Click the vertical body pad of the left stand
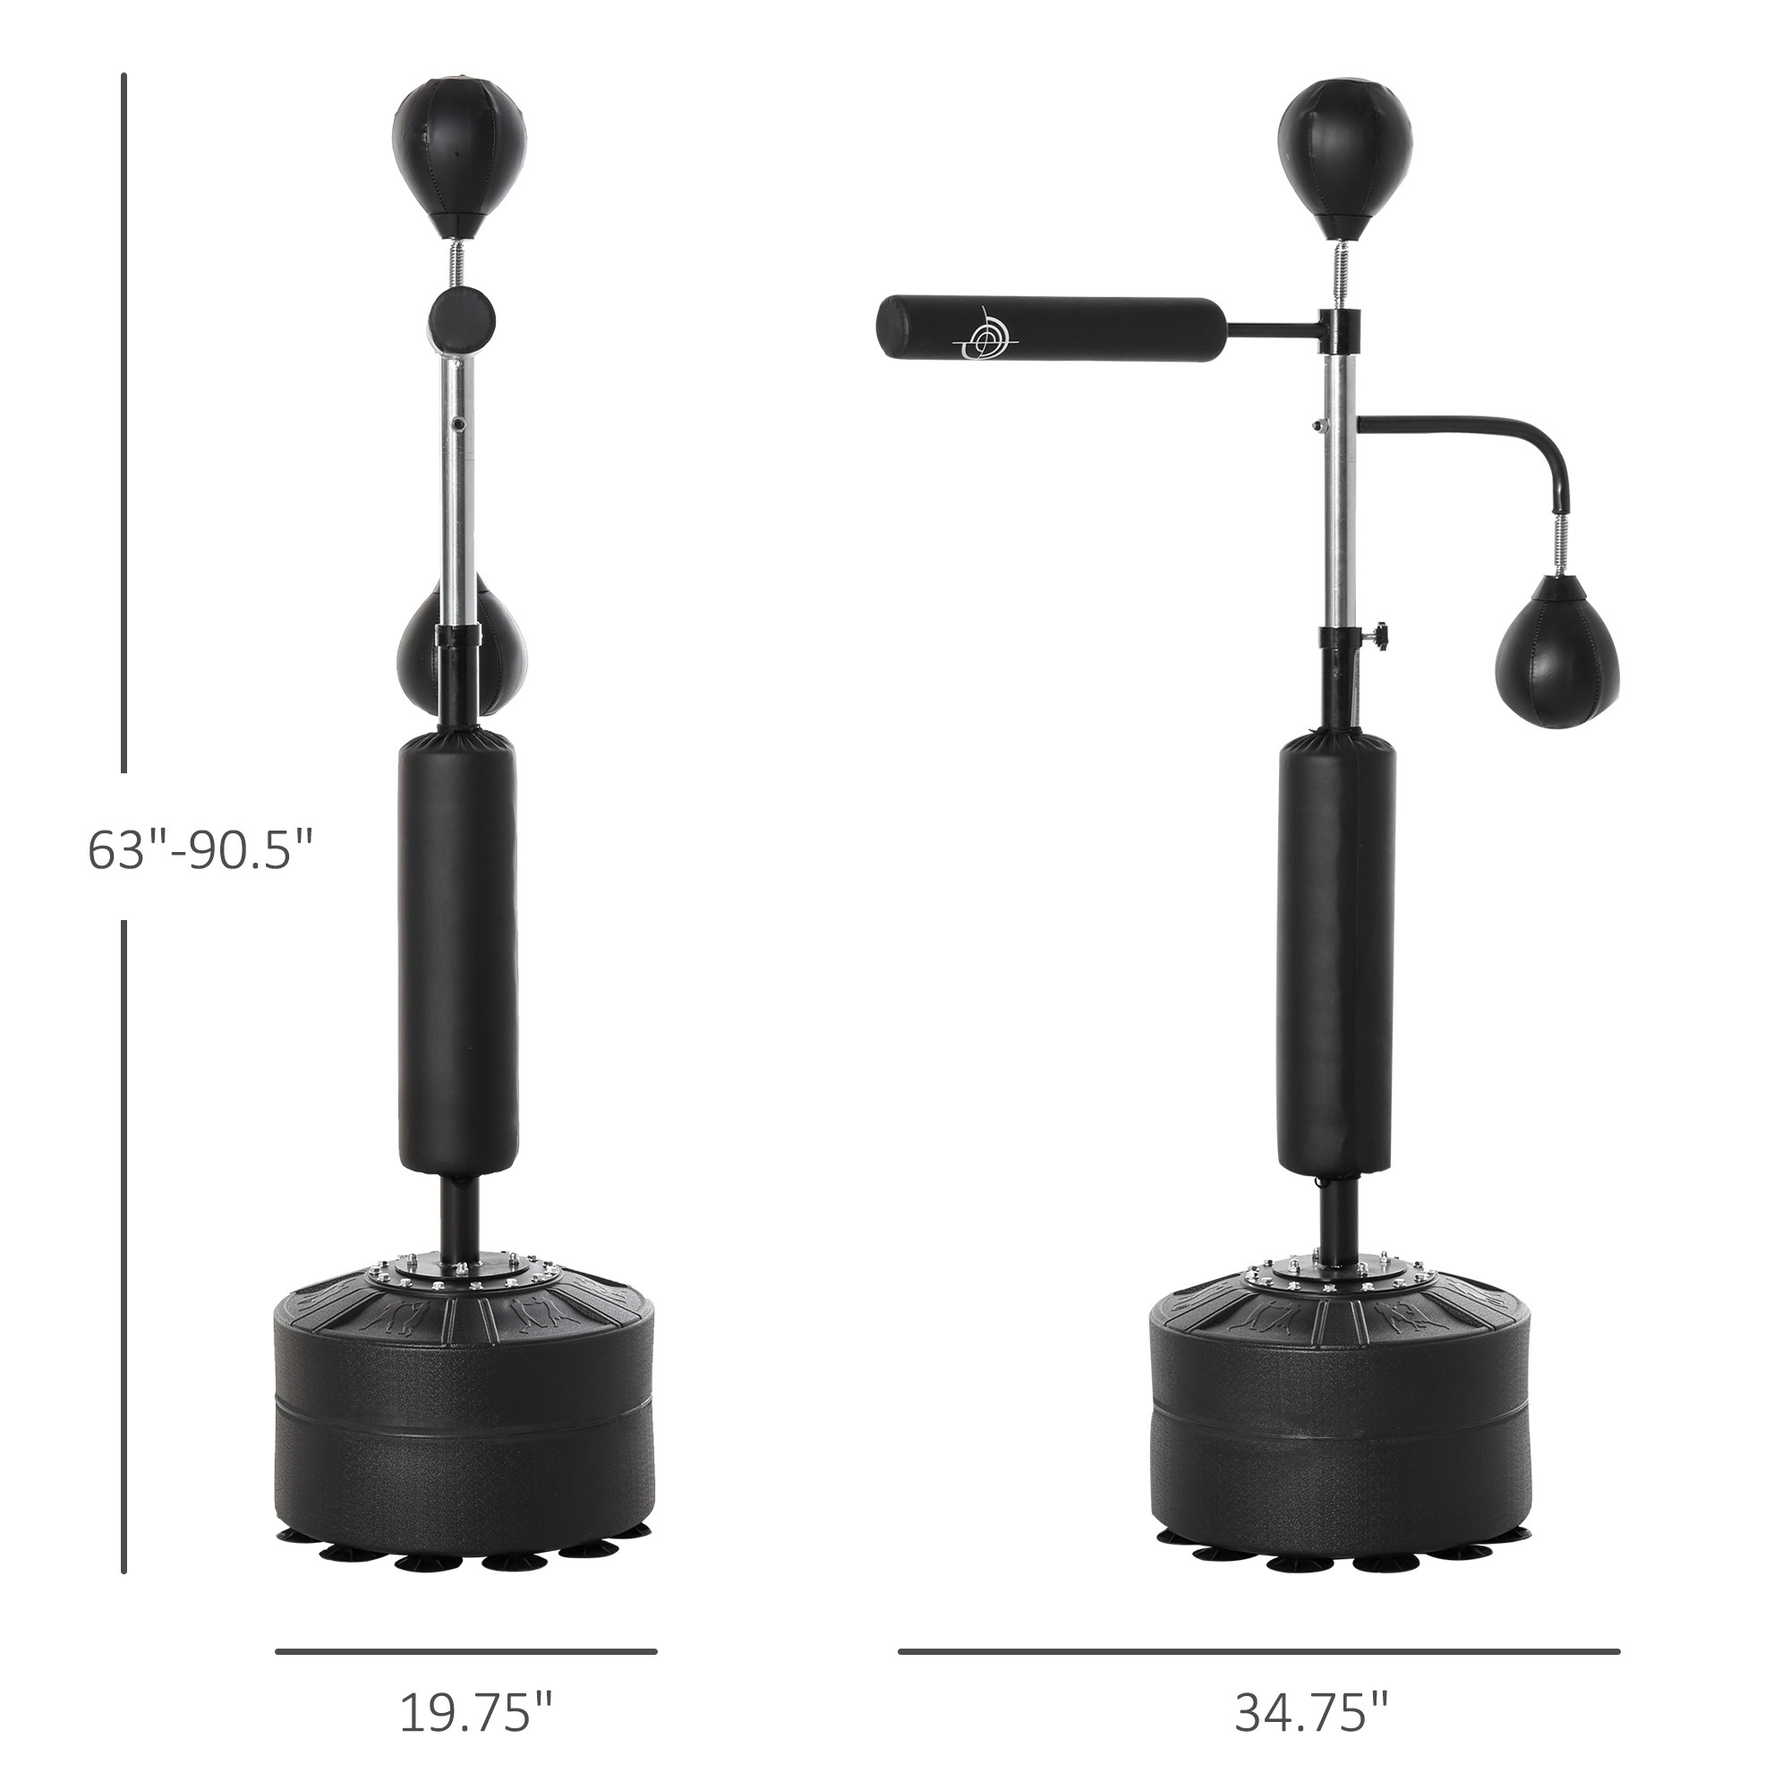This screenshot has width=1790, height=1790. point(457,953)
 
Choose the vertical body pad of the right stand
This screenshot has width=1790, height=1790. point(1337,953)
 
